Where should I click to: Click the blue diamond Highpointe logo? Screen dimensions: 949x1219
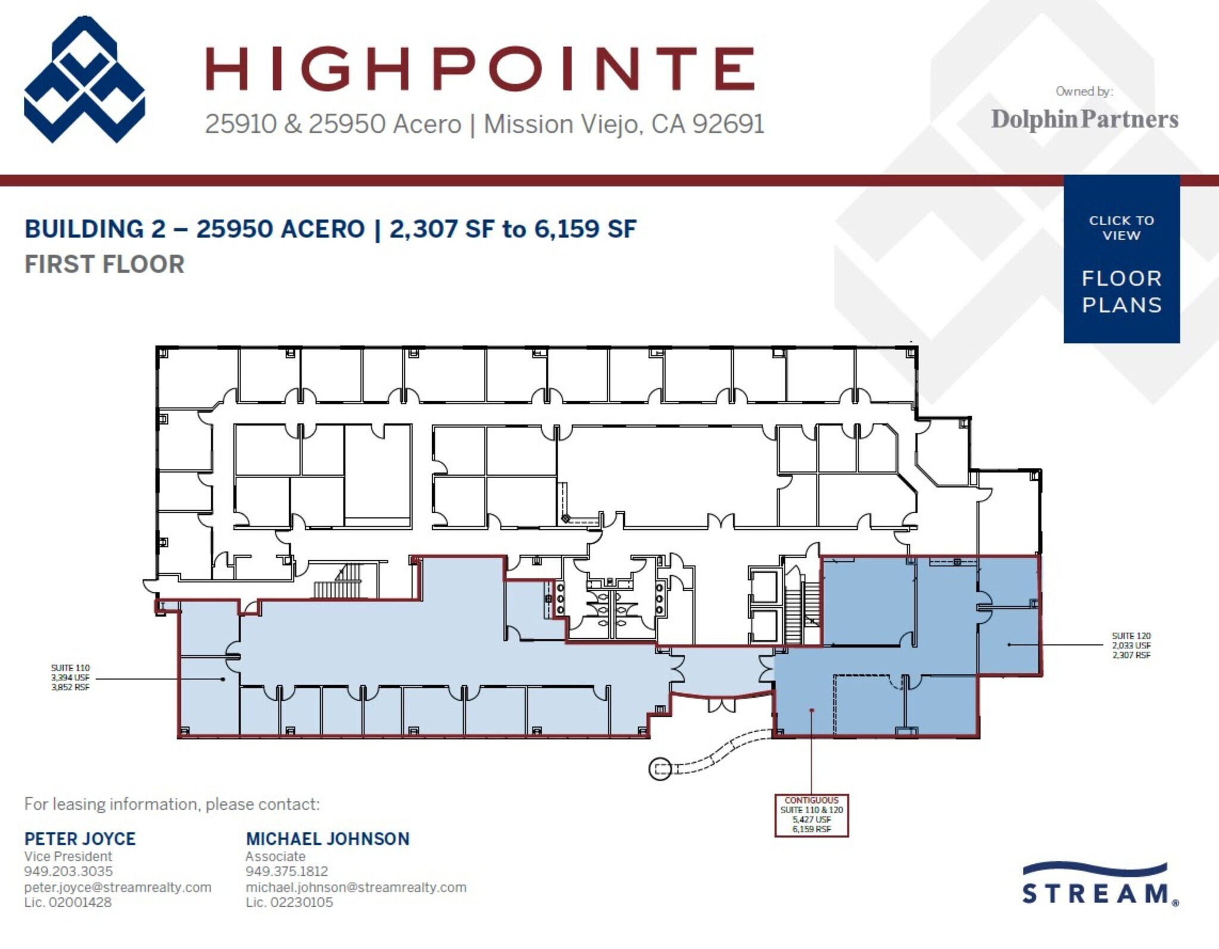(x=84, y=79)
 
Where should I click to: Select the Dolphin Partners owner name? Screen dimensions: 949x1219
(x=1084, y=119)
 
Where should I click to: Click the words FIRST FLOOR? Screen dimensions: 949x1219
(x=104, y=264)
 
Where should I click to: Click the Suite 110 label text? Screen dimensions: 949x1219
(x=70, y=678)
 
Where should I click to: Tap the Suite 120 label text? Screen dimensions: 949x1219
(x=1131, y=645)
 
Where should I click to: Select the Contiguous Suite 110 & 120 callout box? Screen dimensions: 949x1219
(x=811, y=815)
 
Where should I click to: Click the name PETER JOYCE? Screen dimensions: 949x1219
(x=80, y=839)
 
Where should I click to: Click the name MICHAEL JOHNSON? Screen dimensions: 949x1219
(x=327, y=839)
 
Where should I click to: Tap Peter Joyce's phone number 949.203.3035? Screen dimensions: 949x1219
(x=68, y=871)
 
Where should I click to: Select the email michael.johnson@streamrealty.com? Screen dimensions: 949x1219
(x=355, y=887)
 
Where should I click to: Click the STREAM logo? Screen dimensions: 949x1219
(x=1099, y=886)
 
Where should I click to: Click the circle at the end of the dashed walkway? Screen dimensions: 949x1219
(x=659, y=769)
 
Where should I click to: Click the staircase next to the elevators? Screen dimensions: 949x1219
(x=795, y=610)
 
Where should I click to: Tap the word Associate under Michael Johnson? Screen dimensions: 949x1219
(x=275, y=856)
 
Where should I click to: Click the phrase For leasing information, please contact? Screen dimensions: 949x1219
(x=171, y=804)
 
